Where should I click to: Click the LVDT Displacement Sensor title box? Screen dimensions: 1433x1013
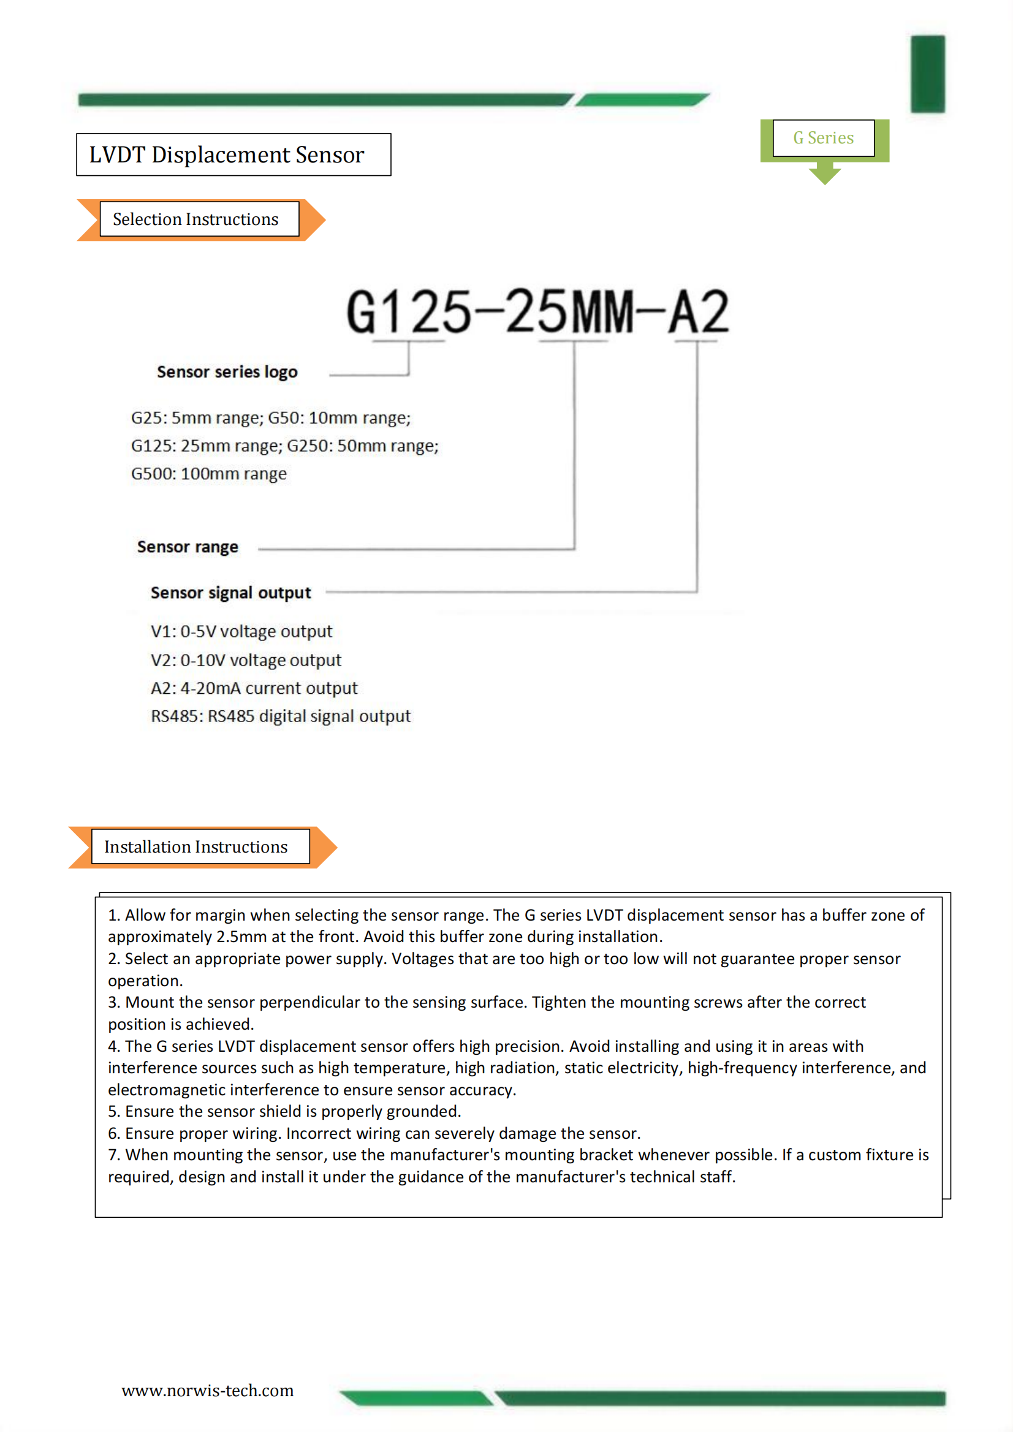[x=233, y=155]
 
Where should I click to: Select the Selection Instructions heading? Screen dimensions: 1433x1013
[x=195, y=219]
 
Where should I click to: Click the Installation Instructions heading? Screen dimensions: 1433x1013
[x=196, y=846]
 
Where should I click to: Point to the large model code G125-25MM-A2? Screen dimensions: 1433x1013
[x=537, y=311]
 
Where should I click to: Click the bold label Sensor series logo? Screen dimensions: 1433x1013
[x=227, y=372]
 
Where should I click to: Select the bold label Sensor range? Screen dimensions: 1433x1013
[x=188, y=547]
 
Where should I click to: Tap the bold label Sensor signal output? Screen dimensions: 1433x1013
[x=230, y=592]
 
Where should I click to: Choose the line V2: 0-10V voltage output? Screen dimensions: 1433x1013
[x=245, y=659]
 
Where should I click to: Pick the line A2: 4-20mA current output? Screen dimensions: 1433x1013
[x=254, y=688]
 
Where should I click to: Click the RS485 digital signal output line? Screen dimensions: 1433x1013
[x=280, y=716]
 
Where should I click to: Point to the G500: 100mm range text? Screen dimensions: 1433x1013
[x=208, y=474]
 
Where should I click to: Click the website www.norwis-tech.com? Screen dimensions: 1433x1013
[x=207, y=1391]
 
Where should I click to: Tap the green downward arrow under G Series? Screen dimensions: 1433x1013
[x=824, y=173]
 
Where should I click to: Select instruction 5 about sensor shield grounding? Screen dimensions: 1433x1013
[x=284, y=1111]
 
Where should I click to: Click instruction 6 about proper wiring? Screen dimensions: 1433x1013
[x=374, y=1133]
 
